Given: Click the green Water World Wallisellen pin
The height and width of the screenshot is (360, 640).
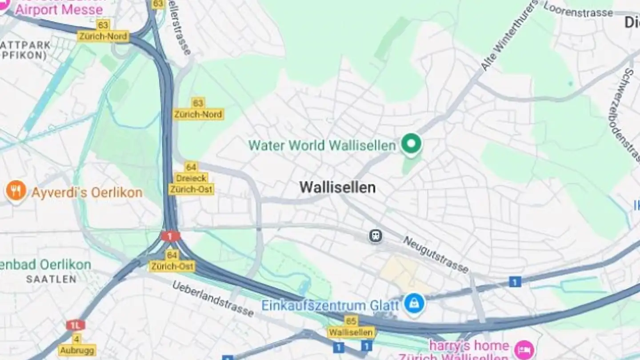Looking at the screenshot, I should [411, 144].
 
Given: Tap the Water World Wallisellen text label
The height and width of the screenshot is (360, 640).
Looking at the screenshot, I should [322, 145].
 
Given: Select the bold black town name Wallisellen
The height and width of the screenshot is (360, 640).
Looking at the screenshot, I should [337, 188].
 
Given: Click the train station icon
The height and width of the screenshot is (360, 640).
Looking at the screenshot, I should [376, 236].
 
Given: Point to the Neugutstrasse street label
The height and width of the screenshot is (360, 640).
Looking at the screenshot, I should [436, 254].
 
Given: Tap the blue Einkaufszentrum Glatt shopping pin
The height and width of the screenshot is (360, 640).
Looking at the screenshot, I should [414, 304].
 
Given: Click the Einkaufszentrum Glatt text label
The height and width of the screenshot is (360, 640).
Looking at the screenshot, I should [330, 306].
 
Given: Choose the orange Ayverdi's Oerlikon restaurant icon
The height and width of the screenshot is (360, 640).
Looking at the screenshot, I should [16, 191].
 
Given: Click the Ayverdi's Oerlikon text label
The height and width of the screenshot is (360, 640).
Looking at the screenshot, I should [87, 193].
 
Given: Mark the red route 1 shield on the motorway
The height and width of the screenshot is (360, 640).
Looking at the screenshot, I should [171, 236].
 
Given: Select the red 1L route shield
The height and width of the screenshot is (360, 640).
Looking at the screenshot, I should [75, 325].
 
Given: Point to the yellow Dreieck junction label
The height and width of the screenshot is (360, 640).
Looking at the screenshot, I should [192, 178].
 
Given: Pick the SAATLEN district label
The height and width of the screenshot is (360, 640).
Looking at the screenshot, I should [51, 280].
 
